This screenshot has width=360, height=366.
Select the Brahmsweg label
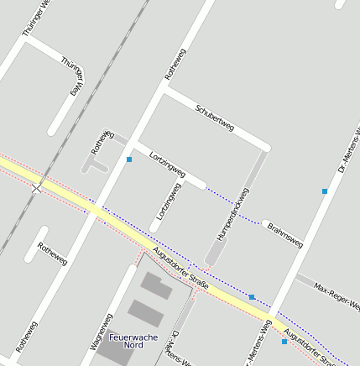284,234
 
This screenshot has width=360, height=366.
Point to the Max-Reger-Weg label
336,295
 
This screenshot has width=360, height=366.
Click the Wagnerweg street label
102,331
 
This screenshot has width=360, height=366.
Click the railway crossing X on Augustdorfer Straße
36,188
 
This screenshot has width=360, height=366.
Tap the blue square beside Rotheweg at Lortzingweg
129,159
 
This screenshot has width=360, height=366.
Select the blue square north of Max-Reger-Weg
325,191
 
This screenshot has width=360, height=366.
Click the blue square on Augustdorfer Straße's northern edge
252,296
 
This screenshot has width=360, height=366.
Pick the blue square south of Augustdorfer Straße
284,342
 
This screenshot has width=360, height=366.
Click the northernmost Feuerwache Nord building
156,285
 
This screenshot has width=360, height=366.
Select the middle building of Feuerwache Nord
146,313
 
